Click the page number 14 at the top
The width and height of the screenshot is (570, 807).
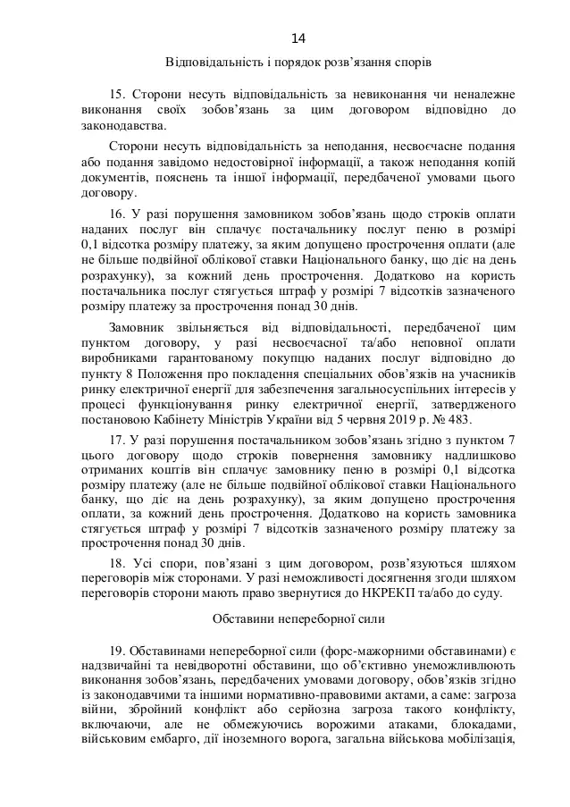(x=298, y=38)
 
